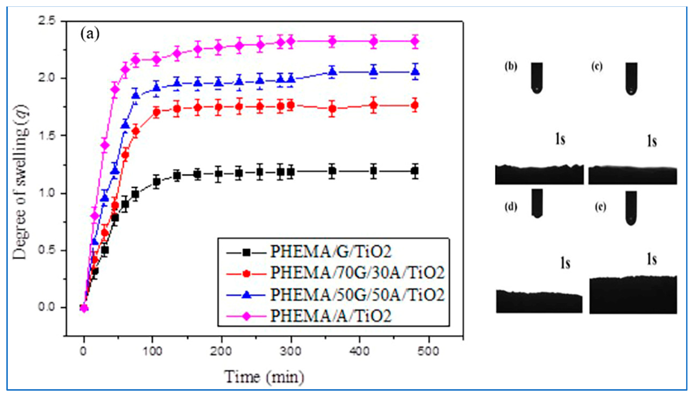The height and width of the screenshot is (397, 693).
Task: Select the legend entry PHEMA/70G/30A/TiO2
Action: [357, 273]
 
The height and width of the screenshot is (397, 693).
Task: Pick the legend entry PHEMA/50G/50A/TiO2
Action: [357, 295]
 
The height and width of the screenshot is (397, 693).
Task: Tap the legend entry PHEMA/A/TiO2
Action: [330, 316]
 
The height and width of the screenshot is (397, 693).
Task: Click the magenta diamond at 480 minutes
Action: [415, 41]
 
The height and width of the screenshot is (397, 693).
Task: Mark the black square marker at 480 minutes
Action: [415, 171]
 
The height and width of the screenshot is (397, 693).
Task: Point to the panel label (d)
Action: [511, 207]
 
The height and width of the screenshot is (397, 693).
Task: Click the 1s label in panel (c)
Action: [652, 141]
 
